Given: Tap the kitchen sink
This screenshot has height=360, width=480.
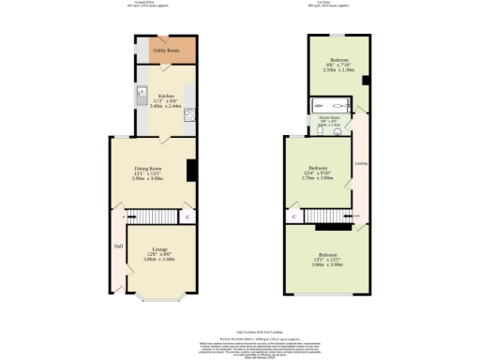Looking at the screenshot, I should [142, 93].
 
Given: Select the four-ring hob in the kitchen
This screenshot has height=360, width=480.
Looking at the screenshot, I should [188, 116].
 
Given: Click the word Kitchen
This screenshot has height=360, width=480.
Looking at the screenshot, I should [166, 95].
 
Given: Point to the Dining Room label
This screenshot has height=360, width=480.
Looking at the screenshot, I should [148, 170].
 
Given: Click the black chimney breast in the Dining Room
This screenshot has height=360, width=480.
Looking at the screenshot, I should [191, 170].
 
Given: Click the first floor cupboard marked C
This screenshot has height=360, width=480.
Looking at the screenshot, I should [293, 217].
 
